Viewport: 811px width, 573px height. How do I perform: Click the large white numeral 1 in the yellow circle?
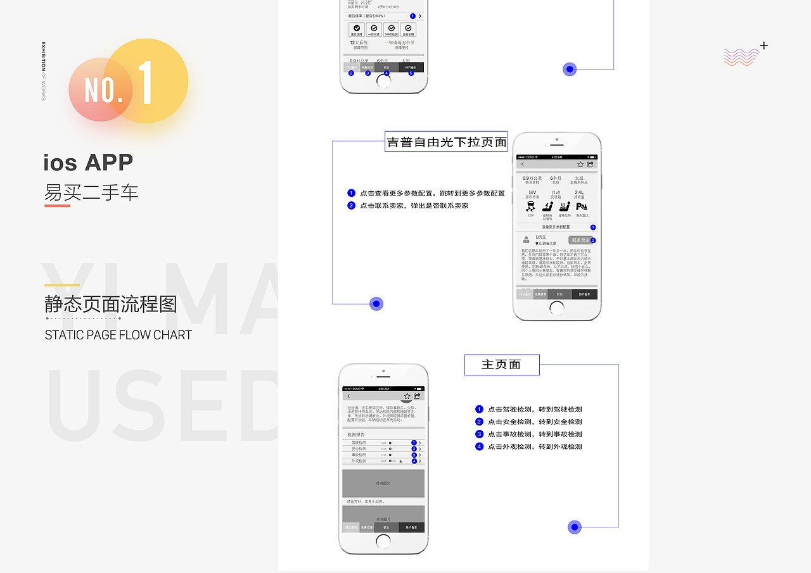pos(145,83)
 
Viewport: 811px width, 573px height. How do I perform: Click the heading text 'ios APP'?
pos(88,163)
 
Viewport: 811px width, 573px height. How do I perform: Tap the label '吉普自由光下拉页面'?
pos(446,142)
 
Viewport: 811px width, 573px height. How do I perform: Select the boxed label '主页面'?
pos(501,365)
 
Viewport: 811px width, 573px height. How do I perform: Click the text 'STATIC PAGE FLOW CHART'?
pos(118,335)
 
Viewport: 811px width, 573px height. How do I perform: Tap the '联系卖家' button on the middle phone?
pos(580,241)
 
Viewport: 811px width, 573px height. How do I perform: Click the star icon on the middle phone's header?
pos(580,165)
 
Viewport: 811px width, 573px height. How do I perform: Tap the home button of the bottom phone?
pos(383,541)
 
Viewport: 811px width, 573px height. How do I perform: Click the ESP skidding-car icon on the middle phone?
pos(530,207)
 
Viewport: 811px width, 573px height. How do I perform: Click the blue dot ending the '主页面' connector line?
pos(575,527)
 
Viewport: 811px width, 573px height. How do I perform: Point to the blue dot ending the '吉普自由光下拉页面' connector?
pos(376,304)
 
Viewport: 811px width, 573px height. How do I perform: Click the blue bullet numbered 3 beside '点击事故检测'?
pos(480,434)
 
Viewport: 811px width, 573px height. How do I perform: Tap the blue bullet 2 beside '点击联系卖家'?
pos(352,206)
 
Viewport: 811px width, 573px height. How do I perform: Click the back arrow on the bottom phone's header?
pos(348,396)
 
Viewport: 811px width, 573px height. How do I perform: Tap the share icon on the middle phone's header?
pos(590,165)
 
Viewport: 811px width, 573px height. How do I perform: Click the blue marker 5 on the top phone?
pos(411,73)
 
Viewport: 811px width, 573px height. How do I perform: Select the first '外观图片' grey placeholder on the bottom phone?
pos(383,483)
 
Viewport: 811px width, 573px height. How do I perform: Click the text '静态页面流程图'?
pos(111,305)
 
